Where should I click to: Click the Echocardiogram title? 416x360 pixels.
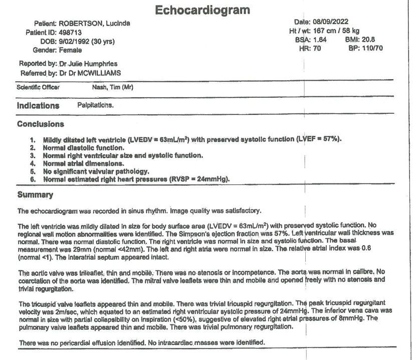pos(202,10)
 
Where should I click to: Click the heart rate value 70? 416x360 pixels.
pos(316,48)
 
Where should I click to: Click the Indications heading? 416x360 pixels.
pos(38,106)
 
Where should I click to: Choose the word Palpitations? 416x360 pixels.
pos(95,105)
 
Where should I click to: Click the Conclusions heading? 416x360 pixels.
pos(41,124)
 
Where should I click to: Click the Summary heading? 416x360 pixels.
pos(35,195)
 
